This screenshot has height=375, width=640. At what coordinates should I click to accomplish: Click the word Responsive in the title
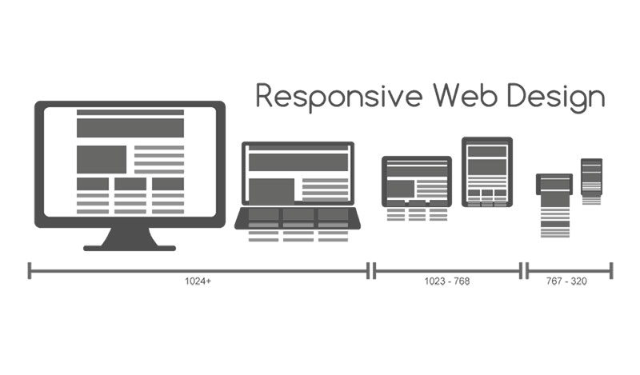(338, 97)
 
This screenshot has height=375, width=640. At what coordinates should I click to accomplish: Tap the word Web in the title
(466, 95)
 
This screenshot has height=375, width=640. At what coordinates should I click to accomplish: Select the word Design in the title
(556, 98)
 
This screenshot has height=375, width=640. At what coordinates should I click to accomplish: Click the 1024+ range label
(198, 281)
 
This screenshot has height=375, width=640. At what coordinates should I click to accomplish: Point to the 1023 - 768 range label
(447, 281)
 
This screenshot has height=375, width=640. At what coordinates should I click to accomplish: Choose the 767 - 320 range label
(566, 281)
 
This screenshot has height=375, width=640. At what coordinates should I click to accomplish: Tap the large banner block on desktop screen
(130, 128)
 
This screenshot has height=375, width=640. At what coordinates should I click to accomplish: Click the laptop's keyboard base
(298, 218)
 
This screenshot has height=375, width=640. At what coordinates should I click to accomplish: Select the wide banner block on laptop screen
(298, 162)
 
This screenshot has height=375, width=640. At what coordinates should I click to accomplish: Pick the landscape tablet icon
(417, 182)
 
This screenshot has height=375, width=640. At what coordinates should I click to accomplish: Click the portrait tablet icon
(487, 172)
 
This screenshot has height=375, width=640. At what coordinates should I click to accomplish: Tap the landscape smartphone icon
(554, 185)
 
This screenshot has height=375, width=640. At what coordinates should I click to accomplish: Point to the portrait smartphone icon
(591, 177)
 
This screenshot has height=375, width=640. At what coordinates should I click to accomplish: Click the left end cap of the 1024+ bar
(30, 271)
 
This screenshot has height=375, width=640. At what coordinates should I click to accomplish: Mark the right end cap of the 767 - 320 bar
(611, 271)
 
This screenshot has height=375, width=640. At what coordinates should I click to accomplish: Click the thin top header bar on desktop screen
(130, 112)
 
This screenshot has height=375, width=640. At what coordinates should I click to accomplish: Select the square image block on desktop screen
(102, 160)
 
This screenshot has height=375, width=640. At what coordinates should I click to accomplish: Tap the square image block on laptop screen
(271, 190)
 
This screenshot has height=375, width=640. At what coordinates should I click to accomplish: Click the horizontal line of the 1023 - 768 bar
(447, 271)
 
